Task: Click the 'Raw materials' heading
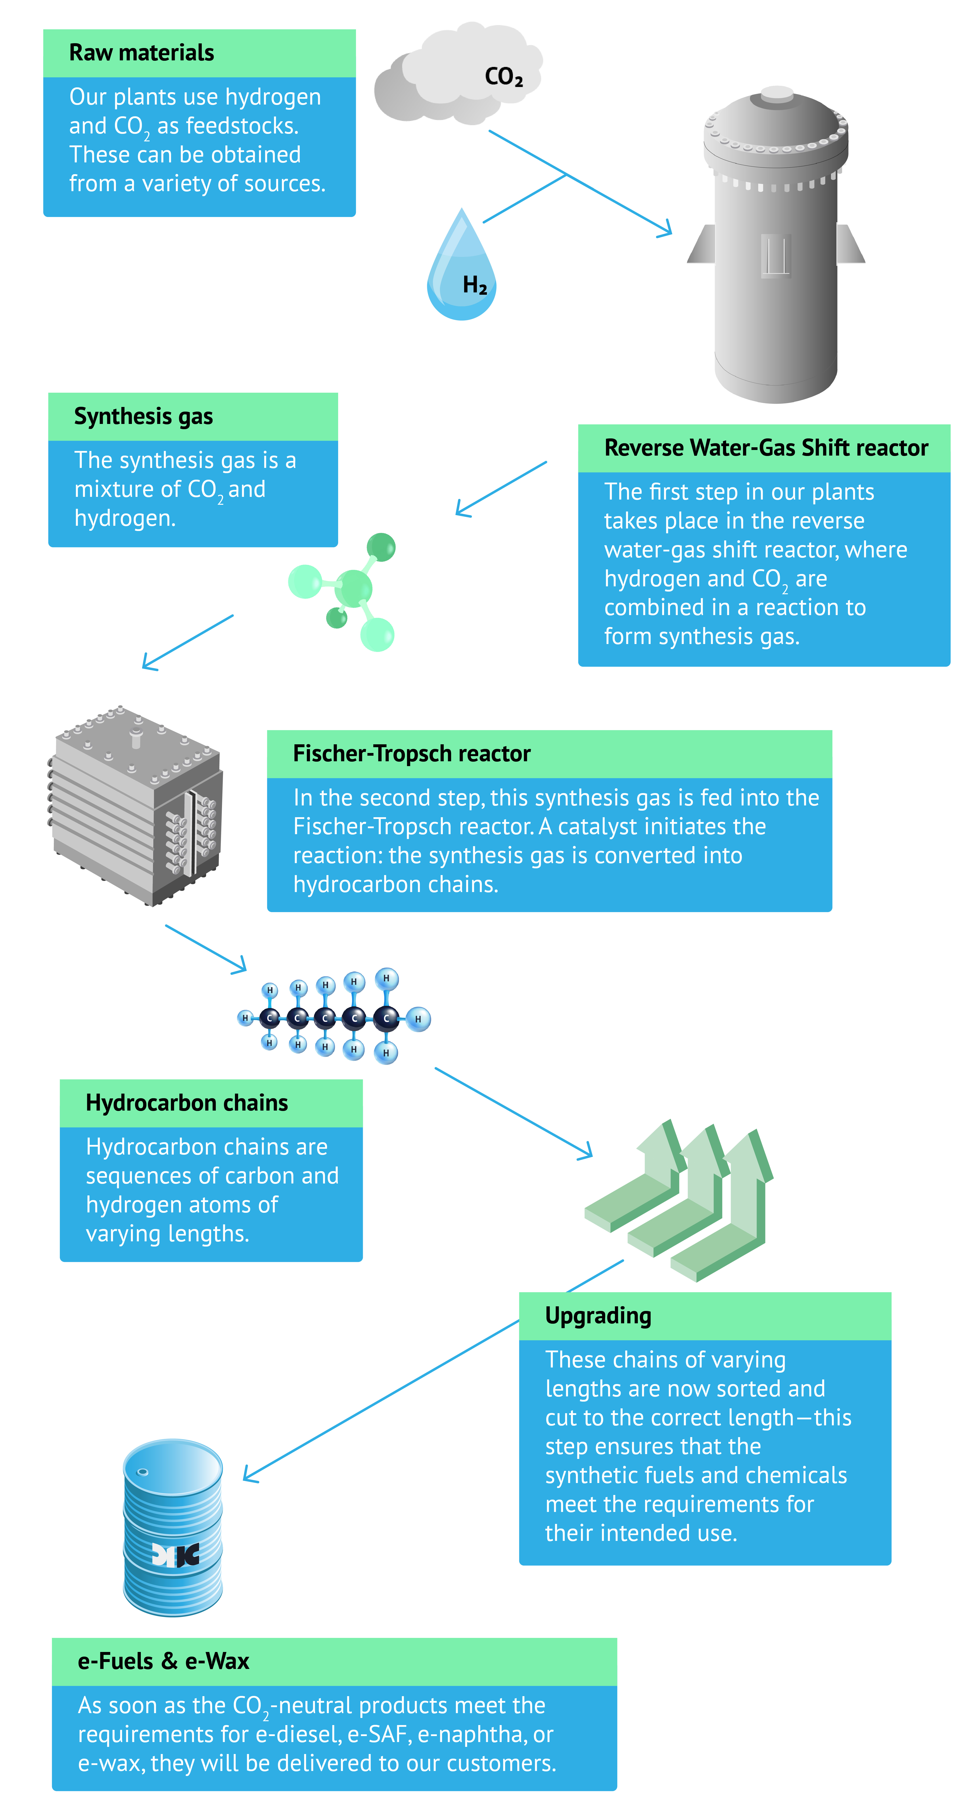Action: pos(141,53)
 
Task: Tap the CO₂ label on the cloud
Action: pos(503,76)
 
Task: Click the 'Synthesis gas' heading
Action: pos(143,417)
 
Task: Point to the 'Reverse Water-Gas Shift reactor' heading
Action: pos(766,448)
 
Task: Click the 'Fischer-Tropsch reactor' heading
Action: pos(411,753)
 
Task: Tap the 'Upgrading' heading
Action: pos(598,1316)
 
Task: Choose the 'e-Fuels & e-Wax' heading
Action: pos(163,1661)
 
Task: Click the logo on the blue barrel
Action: pos(175,1554)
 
